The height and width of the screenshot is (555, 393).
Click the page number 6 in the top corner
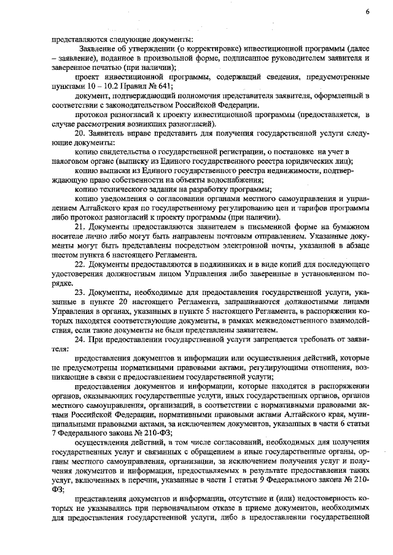pyautogui.click(x=367, y=12)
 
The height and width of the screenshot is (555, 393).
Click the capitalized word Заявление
pyautogui.click(x=97, y=47)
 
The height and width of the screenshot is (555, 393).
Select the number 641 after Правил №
pyautogui.click(x=161, y=86)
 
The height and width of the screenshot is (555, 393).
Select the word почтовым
pyautogui.click(x=265, y=237)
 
